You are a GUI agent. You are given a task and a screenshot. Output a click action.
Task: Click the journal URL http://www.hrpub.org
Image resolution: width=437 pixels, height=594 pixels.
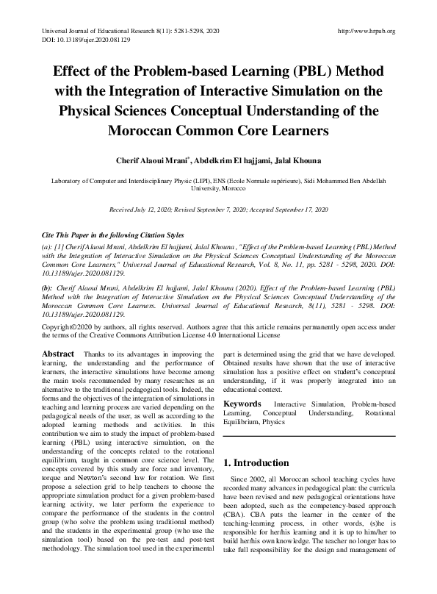pyautogui.click(x=365, y=31)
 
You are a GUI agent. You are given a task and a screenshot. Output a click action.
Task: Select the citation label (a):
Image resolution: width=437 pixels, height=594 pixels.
pyautogui.click(x=48, y=243)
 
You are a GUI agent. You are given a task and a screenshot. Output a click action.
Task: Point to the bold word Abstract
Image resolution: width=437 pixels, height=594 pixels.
pyautogui.click(x=58, y=354)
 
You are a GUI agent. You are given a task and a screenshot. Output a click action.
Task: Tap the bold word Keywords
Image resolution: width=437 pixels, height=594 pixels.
pyautogui.click(x=242, y=404)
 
